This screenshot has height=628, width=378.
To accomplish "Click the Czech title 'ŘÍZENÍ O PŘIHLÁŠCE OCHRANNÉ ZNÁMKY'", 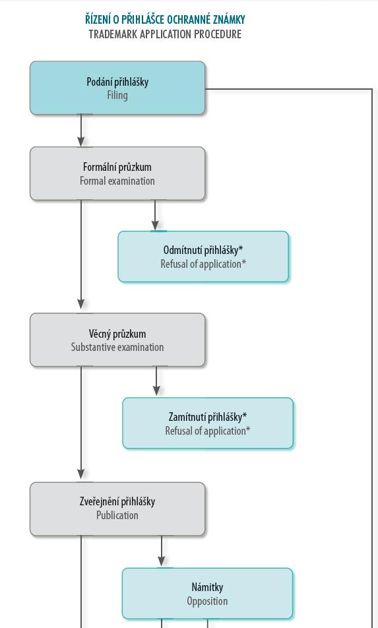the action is click(x=165, y=19).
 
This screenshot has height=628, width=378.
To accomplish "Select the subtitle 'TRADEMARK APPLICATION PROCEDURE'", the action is click(x=165, y=34).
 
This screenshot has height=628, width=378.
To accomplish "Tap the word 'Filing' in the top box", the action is click(x=117, y=96).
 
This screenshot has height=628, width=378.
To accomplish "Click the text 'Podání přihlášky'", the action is click(x=117, y=82).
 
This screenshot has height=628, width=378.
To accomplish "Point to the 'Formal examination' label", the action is click(x=117, y=181).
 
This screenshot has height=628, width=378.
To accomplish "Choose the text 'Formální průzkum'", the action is click(x=117, y=167).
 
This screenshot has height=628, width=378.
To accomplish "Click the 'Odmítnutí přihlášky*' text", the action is click(x=203, y=250).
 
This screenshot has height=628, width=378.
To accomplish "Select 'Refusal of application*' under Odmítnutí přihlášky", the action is click(x=203, y=265).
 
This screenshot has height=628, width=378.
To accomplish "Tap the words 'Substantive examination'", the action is click(x=117, y=347).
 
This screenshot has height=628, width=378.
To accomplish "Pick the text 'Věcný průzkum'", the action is click(x=117, y=334).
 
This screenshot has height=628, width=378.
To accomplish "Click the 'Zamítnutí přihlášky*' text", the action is click(x=207, y=418).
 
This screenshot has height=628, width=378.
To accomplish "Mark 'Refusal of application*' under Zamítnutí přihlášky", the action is click(x=207, y=431).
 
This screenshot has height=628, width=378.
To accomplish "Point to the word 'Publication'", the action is click(x=117, y=515).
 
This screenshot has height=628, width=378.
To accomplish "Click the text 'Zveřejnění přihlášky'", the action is click(x=117, y=501).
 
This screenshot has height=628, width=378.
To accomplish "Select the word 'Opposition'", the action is click(x=207, y=601).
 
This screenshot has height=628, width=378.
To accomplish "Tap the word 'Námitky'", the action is click(x=207, y=588).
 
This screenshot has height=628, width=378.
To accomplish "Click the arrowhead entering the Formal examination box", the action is click(x=81, y=141).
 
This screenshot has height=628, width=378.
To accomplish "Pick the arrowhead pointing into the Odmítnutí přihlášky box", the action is click(x=155, y=225).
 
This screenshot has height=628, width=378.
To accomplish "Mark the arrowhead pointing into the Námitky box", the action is click(x=162, y=561).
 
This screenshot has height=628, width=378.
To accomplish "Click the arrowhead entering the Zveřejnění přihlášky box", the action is click(x=81, y=474).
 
